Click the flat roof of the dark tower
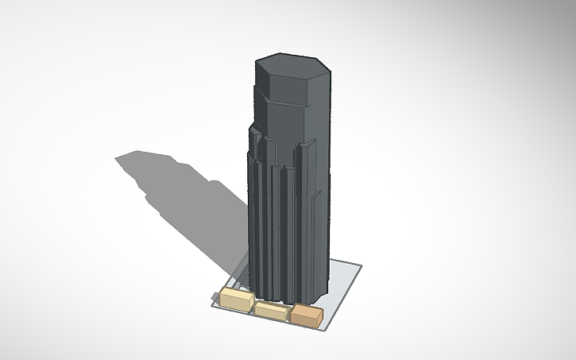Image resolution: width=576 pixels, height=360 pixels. pyautogui.click(x=291, y=72)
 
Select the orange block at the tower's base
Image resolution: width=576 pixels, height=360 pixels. pyautogui.click(x=306, y=315)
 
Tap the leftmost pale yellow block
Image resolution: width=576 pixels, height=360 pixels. pyautogui.click(x=236, y=300)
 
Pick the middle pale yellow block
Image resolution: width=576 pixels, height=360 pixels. pyautogui.click(x=271, y=311)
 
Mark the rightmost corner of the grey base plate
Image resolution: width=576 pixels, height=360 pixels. pyautogui.click(x=361, y=265)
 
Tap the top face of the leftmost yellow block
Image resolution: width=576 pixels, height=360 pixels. pyautogui.click(x=235, y=294)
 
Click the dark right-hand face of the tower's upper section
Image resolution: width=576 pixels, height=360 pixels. pyautogui.click(x=319, y=103)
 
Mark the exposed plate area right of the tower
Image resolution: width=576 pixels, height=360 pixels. pyautogui.click(x=343, y=274)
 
